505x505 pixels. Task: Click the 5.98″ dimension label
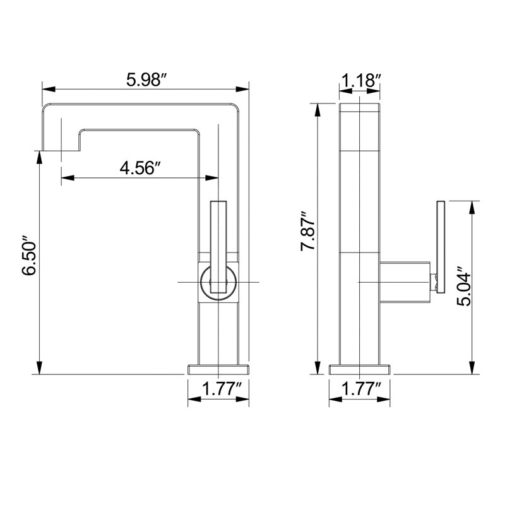(x=146, y=80)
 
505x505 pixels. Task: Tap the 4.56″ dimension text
(x=140, y=168)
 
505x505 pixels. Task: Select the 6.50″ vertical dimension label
(x=29, y=256)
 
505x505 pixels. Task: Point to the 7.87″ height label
(x=308, y=231)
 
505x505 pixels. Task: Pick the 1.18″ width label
(x=361, y=80)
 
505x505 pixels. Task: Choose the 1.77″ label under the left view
(x=222, y=389)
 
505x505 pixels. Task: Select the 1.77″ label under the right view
(x=361, y=389)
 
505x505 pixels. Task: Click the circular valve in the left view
(x=201, y=282)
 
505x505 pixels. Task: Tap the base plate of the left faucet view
(x=218, y=370)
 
